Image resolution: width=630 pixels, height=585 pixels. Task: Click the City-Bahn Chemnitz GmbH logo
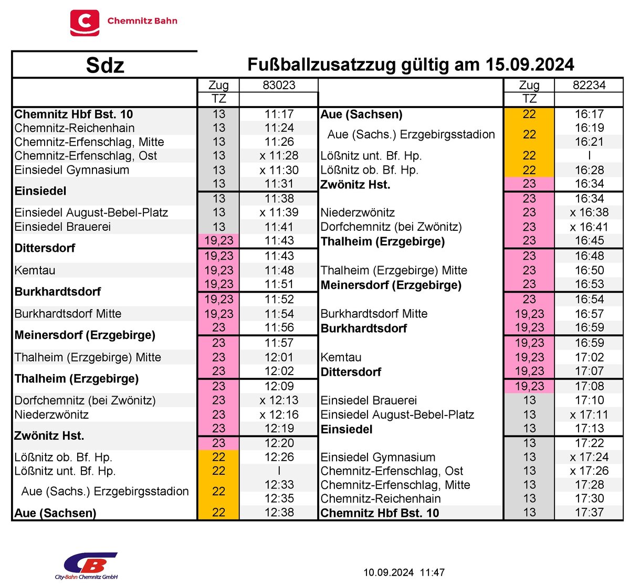tap(87, 566)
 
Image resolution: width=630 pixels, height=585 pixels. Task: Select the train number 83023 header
tap(279, 85)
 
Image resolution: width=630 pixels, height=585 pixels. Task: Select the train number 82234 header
tap(589, 85)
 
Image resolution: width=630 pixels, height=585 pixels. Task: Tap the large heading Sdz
tap(105, 66)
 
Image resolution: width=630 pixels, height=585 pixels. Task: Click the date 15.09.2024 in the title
tap(530, 65)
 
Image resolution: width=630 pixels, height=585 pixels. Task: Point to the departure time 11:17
tap(279, 114)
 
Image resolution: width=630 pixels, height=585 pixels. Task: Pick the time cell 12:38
tap(279, 512)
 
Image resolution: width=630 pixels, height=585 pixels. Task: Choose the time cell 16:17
tap(589, 114)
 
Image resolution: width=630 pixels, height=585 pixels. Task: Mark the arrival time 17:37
tap(589, 512)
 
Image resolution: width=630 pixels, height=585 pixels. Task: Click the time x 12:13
tap(279, 400)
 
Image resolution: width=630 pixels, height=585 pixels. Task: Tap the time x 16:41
tap(589, 227)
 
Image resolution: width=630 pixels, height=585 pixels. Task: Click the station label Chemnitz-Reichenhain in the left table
tap(75, 128)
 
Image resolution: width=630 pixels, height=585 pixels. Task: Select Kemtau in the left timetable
tap(35, 270)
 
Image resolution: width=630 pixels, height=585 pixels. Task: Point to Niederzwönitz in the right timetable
tap(358, 212)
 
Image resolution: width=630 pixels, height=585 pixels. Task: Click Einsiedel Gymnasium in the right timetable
tap(378, 457)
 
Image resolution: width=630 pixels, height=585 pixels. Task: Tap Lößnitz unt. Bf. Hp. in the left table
tap(65, 471)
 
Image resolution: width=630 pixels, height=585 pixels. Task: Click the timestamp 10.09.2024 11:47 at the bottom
tap(404, 572)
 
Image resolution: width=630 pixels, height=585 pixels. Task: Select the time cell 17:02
tap(589, 357)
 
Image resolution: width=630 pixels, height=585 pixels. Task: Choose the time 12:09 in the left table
tap(279, 386)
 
